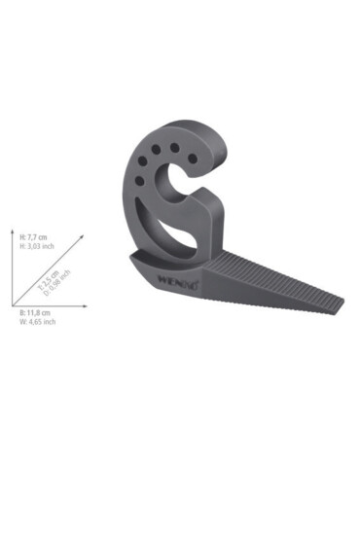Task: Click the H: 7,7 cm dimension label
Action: coord(34,235)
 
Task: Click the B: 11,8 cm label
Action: coord(35,313)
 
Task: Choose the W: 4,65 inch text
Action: coord(37,322)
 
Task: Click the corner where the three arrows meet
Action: coord(20,306)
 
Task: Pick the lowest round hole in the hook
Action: coord(139,181)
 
